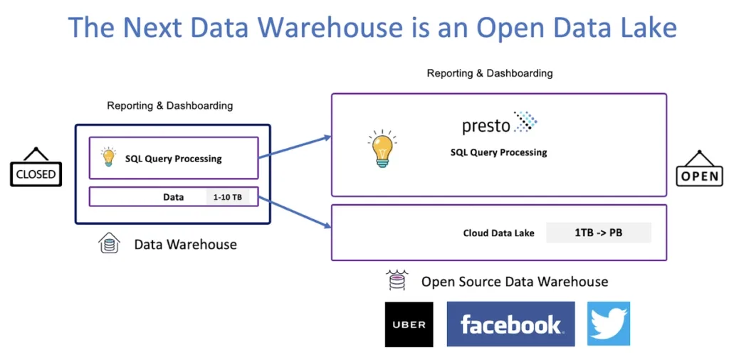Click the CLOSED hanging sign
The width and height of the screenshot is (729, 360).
pyautogui.click(x=36, y=173)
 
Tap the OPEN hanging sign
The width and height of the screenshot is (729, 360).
pyautogui.click(x=701, y=174)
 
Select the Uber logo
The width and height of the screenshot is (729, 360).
pyautogui.click(x=409, y=324)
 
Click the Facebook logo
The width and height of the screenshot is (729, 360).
pyautogui.click(x=510, y=324)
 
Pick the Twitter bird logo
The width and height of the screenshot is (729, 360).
pyautogui.click(x=609, y=324)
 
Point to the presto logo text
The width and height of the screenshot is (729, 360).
pyautogui.click(x=486, y=126)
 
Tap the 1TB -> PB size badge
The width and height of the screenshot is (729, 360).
pyautogui.click(x=598, y=233)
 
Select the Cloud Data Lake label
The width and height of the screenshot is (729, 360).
pyautogui.click(x=498, y=233)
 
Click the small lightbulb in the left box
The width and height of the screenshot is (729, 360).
pyautogui.click(x=108, y=157)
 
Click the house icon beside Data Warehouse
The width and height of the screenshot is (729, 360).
pyautogui.click(x=108, y=244)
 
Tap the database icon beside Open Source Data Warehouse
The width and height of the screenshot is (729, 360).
pyautogui.click(x=397, y=280)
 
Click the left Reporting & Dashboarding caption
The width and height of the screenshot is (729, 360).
pyautogui.click(x=169, y=106)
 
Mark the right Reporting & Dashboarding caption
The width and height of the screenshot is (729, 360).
pyautogui.click(x=490, y=73)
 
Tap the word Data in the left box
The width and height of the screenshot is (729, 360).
pyautogui.click(x=173, y=197)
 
